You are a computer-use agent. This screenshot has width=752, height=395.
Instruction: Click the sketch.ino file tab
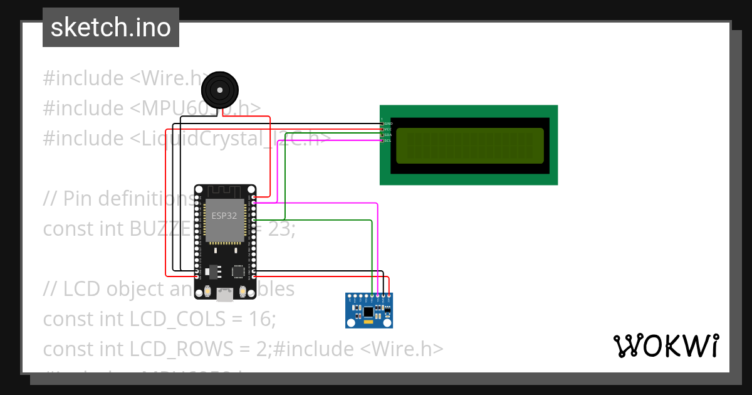(111, 28)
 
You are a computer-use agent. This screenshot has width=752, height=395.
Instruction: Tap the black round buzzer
(221, 90)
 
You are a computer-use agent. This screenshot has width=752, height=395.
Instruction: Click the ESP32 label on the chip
(224, 216)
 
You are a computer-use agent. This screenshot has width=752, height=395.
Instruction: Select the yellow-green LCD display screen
(470, 145)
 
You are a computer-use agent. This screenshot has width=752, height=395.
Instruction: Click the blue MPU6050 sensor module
(369, 311)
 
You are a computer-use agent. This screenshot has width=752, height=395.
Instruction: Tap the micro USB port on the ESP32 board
(225, 292)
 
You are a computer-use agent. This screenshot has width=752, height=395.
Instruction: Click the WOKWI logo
(666, 346)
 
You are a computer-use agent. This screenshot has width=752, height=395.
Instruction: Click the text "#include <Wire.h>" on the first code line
(125, 78)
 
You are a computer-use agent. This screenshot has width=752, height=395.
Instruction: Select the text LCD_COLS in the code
(177, 319)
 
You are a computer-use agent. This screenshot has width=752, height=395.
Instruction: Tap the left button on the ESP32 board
(207, 290)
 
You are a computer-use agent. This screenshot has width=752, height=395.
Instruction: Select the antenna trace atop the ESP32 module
(224, 191)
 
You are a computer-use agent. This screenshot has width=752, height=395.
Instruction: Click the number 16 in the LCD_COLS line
(260, 319)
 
